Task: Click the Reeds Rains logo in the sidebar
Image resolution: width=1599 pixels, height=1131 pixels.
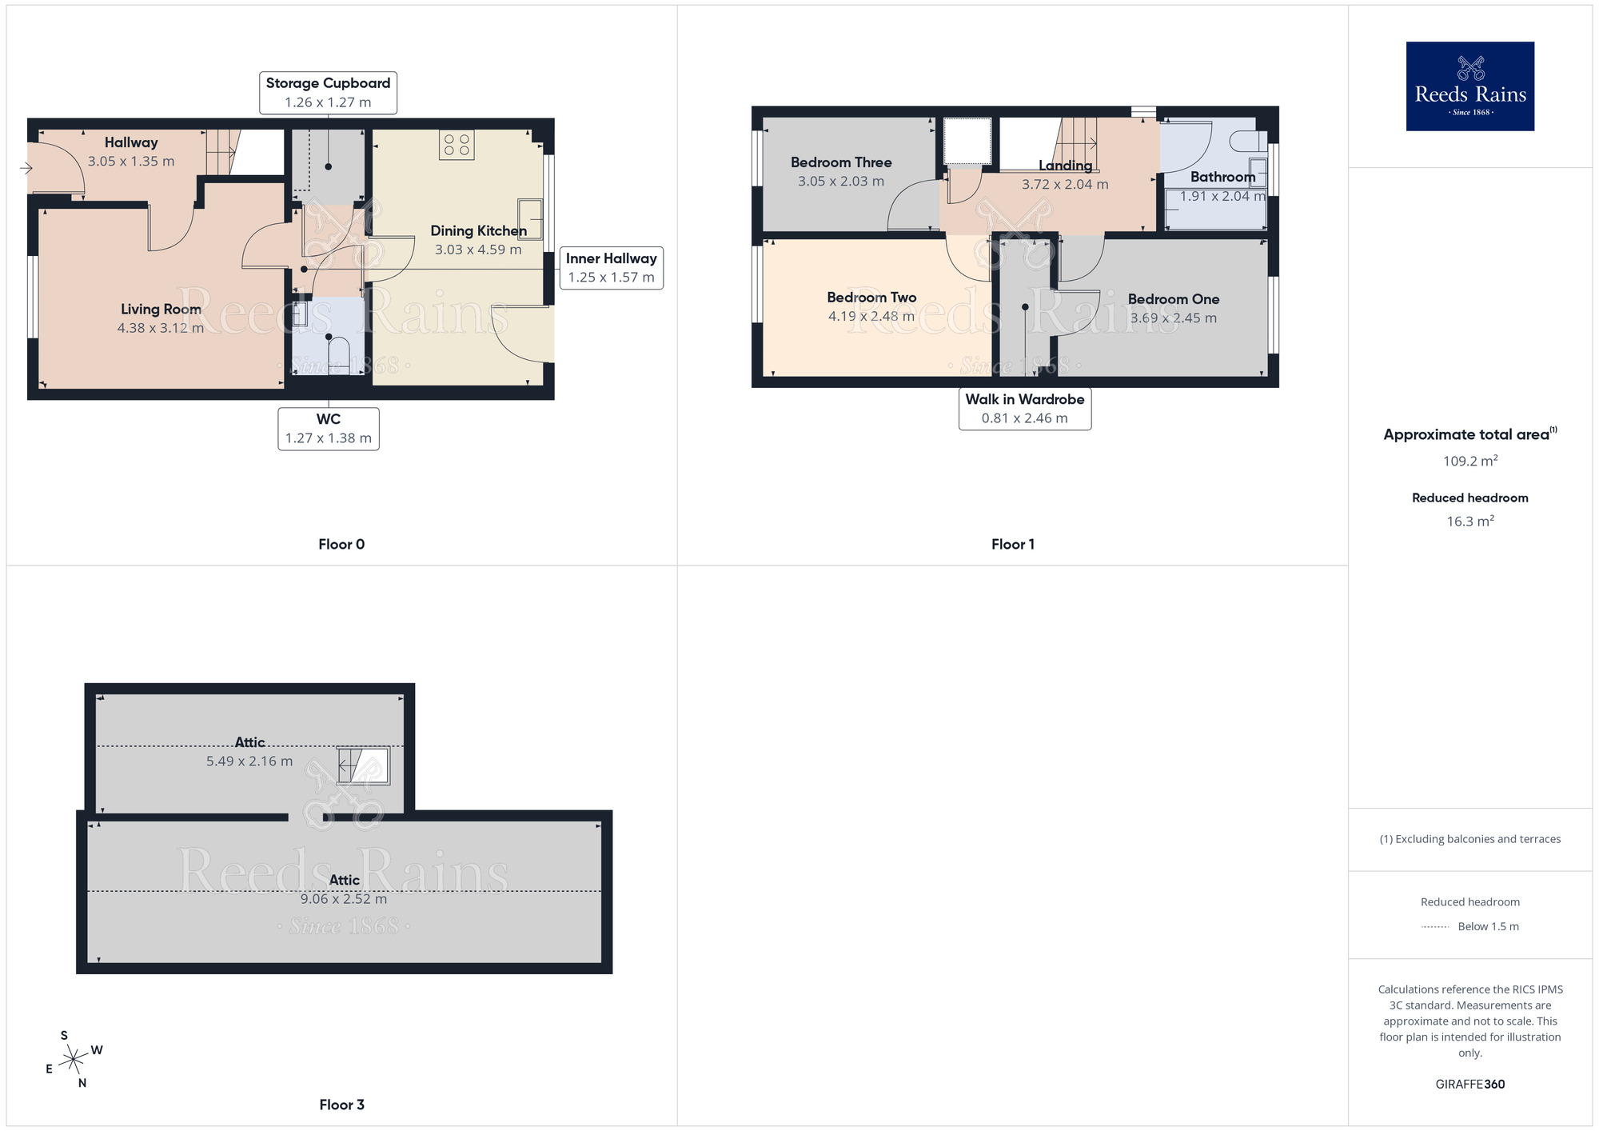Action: coord(1469,86)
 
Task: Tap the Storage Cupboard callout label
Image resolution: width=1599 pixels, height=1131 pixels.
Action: coord(328,93)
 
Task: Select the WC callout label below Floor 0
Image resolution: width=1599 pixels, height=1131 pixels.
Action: coord(329,429)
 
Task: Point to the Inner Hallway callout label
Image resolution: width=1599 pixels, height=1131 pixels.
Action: coord(612,268)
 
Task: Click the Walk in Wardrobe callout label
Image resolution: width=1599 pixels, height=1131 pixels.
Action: coord(1025,409)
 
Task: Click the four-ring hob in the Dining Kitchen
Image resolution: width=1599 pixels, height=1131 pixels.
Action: coord(457,145)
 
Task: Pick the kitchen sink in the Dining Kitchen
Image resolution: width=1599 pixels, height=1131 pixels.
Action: coord(530,219)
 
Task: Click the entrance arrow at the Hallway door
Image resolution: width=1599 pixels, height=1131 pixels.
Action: coord(26,168)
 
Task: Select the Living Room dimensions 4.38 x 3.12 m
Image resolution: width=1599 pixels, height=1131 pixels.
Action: coord(161,328)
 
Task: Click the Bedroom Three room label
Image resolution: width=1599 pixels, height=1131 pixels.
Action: coord(841,162)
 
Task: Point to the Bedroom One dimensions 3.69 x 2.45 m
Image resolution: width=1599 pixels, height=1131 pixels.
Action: coord(1174,318)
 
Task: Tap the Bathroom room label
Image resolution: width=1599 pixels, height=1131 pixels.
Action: coord(1222,177)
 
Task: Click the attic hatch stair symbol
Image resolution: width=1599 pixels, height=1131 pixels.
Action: coord(363,766)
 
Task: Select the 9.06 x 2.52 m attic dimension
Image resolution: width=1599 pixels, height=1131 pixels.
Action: coord(344,899)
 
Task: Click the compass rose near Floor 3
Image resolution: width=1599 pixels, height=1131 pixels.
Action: coord(74,1059)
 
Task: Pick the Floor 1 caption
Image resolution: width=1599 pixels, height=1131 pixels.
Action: coord(1013,545)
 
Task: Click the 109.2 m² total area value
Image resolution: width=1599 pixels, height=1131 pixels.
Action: coord(1470,461)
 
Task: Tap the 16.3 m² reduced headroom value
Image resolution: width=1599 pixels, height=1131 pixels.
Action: coord(1470,521)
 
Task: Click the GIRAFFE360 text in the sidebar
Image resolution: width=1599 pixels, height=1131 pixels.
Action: coord(1470,1085)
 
